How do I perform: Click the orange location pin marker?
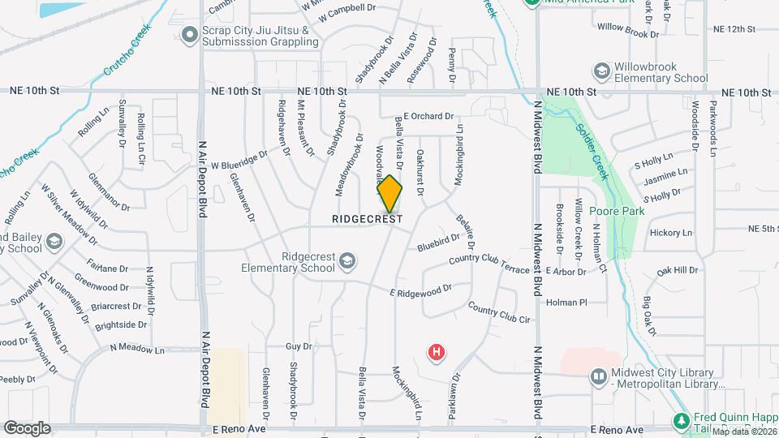click(390, 194)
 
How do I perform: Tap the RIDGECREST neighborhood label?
click(368, 220)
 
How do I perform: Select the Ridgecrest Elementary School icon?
click(347, 260)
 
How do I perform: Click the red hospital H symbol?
click(437, 352)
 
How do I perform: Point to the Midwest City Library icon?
click(598, 376)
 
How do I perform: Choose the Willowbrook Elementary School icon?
click(602, 71)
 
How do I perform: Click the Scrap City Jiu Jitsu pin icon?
click(190, 34)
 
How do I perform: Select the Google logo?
click(27, 427)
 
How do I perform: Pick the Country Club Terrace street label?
click(488, 264)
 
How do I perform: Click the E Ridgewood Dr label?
click(420, 290)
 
